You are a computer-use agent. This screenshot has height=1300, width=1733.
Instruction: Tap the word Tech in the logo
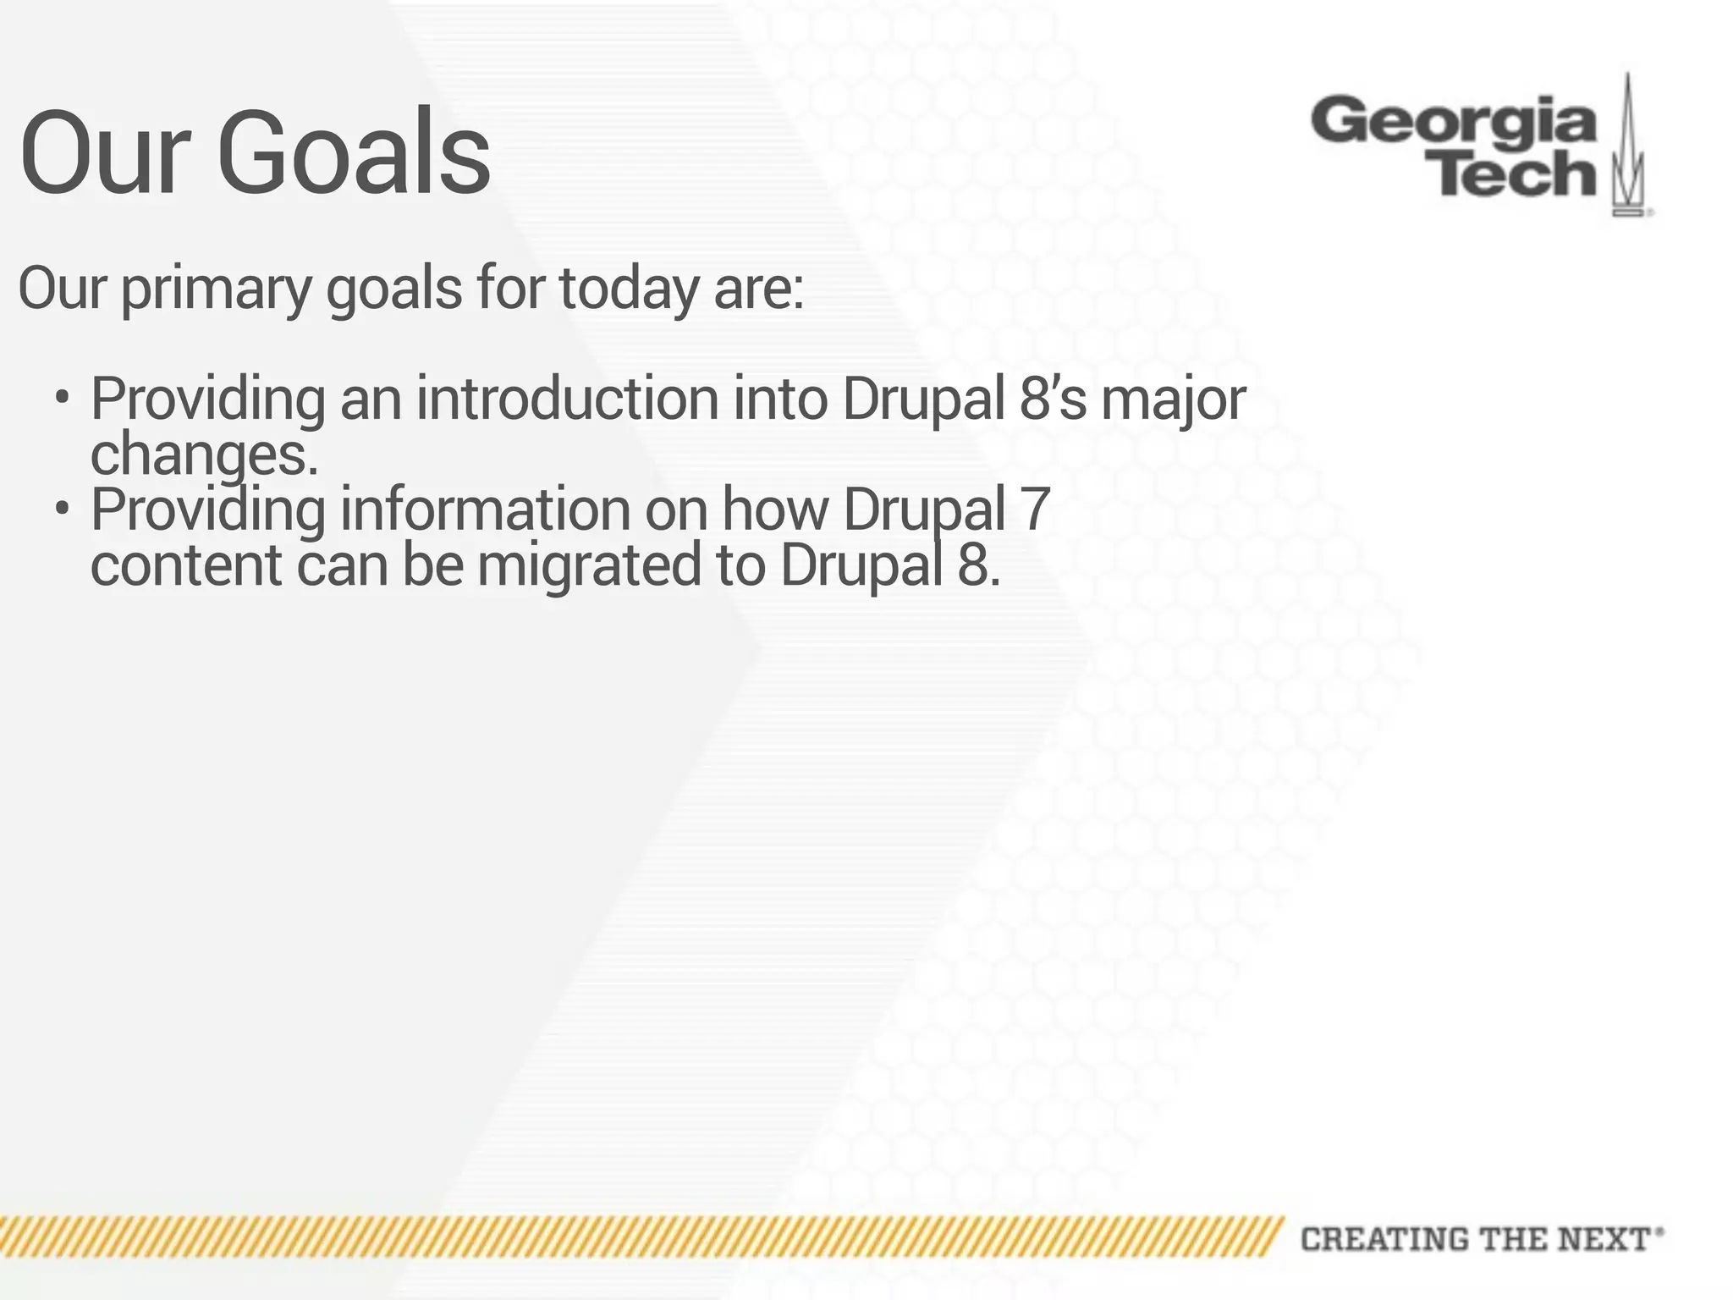1516,174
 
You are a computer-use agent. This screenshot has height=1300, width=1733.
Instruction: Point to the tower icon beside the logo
1628,148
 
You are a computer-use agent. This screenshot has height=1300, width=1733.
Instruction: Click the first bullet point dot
61,397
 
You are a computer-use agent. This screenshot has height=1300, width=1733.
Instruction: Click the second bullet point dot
61,509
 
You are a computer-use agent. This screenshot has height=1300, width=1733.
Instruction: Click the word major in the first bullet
1173,399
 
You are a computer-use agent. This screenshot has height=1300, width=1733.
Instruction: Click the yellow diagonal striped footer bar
635,1237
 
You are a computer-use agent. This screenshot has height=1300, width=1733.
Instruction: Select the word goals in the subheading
394,289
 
